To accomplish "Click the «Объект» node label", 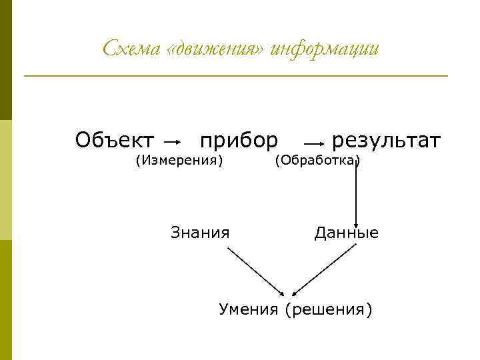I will pyautogui.click(x=115, y=141).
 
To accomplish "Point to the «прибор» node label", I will pyautogui.click(x=239, y=141).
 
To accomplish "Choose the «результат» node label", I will pyautogui.click(x=386, y=141).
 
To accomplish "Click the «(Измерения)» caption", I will pyautogui.click(x=179, y=160).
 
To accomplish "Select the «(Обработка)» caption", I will pyautogui.click(x=317, y=160).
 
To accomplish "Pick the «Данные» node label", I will pyautogui.click(x=346, y=233).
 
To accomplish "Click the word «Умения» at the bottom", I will pyautogui.click(x=249, y=310).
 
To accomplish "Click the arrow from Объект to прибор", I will pyautogui.click(x=173, y=142).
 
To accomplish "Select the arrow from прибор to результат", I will pyautogui.click(x=314, y=143).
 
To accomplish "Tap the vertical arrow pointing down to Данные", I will pyautogui.click(x=356, y=193).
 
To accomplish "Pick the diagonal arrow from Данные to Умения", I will pyautogui.click(x=325, y=271).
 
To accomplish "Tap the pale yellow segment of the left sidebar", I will pyautogui.click(x=6, y=179).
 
